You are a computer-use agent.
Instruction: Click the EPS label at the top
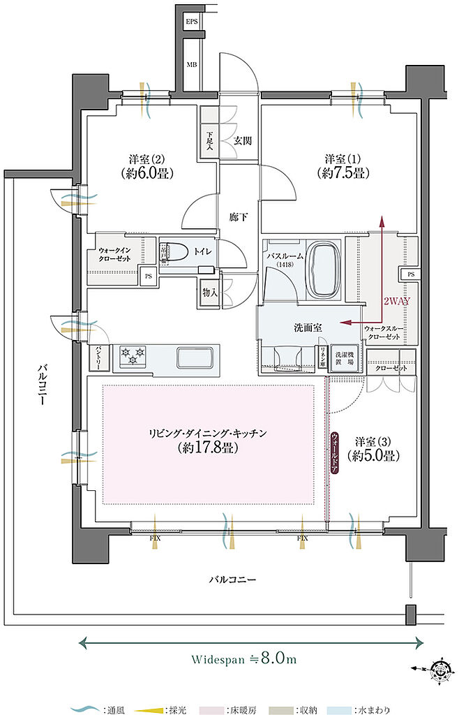tap(191, 22)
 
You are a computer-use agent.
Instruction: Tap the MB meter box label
tap(191, 66)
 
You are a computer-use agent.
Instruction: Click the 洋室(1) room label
tap(341, 165)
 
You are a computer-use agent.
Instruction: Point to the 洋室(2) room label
tap(146, 165)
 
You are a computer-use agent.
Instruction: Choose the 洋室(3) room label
tap(375, 449)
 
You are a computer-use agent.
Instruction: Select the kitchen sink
tap(197, 357)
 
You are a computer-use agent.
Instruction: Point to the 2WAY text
tap(396, 301)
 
